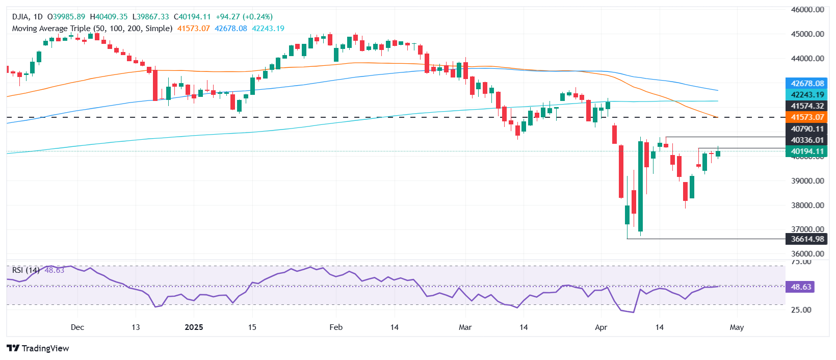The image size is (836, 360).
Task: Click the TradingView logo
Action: [x=38, y=348]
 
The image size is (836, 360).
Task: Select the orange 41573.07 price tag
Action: [x=807, y=117]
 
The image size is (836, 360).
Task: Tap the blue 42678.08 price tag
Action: [x=807, y=84]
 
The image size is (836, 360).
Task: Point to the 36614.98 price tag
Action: [x=807, y=239]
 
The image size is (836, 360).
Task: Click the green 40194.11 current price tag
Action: [x=807, y=151]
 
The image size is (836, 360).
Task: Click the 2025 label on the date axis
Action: [x=194, y=327]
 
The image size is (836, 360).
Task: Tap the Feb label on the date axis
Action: [x=336, y=327]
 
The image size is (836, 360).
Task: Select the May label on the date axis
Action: [x=737, y=327]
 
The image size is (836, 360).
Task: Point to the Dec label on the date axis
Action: [x=77, y=327]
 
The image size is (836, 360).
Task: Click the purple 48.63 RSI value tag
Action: [x=800, y=287]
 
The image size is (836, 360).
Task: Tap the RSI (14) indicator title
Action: [x=25, y=270]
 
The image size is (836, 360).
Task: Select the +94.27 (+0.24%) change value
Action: [x=244, y=17]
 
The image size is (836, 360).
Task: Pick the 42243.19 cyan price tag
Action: [x=807, y=95]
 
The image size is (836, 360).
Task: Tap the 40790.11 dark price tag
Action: [x=807, y=129]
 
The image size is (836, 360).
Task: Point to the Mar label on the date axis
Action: [x=465, y=327]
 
